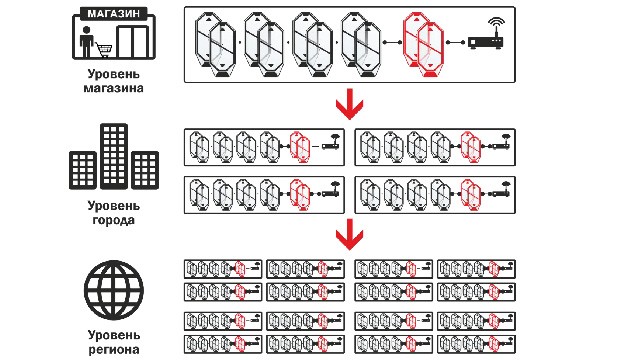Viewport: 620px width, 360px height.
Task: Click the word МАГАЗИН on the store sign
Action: pos(113,13)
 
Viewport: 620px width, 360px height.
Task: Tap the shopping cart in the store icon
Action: pos(104,49)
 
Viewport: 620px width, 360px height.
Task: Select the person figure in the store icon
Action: pos(86,42)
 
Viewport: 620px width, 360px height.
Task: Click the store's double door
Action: pos(133,42)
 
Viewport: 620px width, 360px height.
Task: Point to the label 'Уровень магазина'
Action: pos(113,81)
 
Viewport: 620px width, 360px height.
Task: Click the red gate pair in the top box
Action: pos(423,44)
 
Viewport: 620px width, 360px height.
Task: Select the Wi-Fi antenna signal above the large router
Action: pos(496,23)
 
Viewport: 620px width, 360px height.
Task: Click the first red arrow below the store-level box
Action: pos(349,104)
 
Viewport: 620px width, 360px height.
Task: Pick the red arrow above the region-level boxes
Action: pos(349,235)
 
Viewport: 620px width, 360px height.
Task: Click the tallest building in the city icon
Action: pos(114,156)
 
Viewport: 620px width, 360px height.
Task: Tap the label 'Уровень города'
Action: pos(113,213)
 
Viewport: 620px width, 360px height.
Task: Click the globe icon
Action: pos(114,290)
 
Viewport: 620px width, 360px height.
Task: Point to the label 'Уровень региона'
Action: pos(113,343)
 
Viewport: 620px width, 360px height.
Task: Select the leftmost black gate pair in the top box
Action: pos(215,44)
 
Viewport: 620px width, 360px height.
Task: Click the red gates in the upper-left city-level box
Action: pos(299,147)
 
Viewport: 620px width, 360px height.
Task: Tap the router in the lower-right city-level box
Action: pos(502,190)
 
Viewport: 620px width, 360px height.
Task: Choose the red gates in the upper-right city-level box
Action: pos(471,147)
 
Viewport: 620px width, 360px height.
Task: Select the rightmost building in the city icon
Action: pos(145,170)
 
